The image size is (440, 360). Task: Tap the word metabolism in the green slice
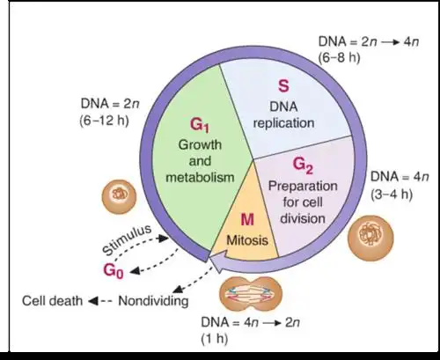tap(198, 177)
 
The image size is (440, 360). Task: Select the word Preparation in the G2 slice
tap(303, 187)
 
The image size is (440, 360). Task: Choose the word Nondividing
tap(156, 299)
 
